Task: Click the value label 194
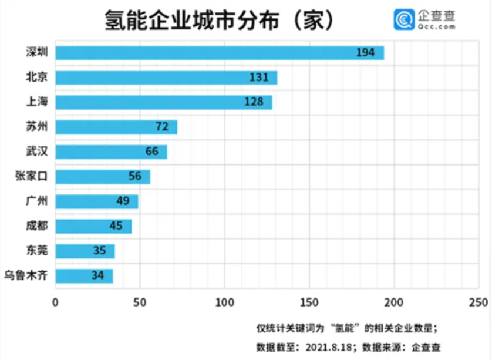point(365,53)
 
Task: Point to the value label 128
point(254,102)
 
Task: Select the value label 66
point(152,152)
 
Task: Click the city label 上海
point(36,102)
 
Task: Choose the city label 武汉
point(36,151)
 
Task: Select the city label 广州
point(36,201)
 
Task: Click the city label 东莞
point(36,250)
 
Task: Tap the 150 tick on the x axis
point(309,302)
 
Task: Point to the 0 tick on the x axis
point(56,302)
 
